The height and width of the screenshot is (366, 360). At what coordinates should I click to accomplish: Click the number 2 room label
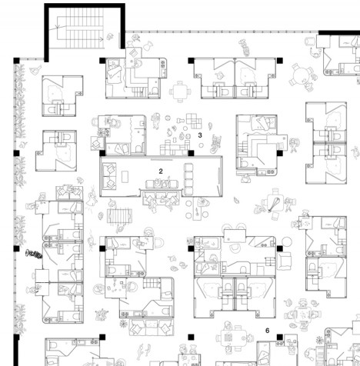point(161,171)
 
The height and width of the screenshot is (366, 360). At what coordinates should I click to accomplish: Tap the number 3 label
point(200,135)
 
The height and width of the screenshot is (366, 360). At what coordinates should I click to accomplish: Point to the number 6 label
point(268,331)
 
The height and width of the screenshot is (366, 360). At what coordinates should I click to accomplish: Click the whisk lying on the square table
point(273,205)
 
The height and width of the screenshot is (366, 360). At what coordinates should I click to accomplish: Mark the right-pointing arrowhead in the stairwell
point(102,39)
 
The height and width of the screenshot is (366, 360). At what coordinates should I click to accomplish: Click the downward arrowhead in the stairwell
point(58,26)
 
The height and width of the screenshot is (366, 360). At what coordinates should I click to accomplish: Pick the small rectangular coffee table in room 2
point(125,177)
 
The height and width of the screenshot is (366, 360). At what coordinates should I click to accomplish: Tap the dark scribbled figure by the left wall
point(34,255)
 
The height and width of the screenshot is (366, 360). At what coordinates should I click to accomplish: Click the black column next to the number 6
point(280,337)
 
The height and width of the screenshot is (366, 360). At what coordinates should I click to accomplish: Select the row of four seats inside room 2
point(188,178)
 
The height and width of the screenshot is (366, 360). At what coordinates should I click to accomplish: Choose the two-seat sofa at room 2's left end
point(109,176)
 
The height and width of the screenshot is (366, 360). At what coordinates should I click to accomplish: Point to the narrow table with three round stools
point(197,208)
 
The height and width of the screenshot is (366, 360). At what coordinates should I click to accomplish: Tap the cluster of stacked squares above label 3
point(194,121)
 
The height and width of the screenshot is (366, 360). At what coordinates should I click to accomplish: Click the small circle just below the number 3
point(201,145)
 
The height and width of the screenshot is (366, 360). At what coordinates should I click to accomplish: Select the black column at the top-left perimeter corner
point(16,61)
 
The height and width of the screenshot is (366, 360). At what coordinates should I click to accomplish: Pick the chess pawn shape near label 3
point(180,120)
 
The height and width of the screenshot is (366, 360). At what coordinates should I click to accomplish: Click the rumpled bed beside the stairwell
point(115,71)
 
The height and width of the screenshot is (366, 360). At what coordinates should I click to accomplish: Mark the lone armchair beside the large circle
point(284,261)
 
